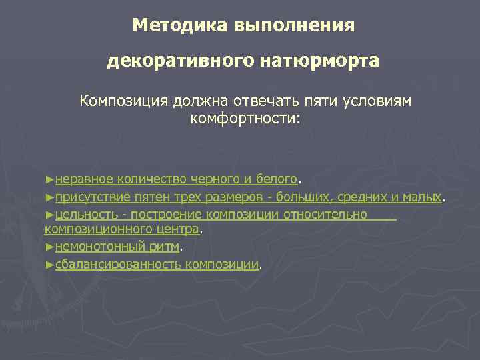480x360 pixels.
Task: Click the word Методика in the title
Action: (x=179, y=25)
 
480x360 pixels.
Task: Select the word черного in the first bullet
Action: (x=211, y=179)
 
